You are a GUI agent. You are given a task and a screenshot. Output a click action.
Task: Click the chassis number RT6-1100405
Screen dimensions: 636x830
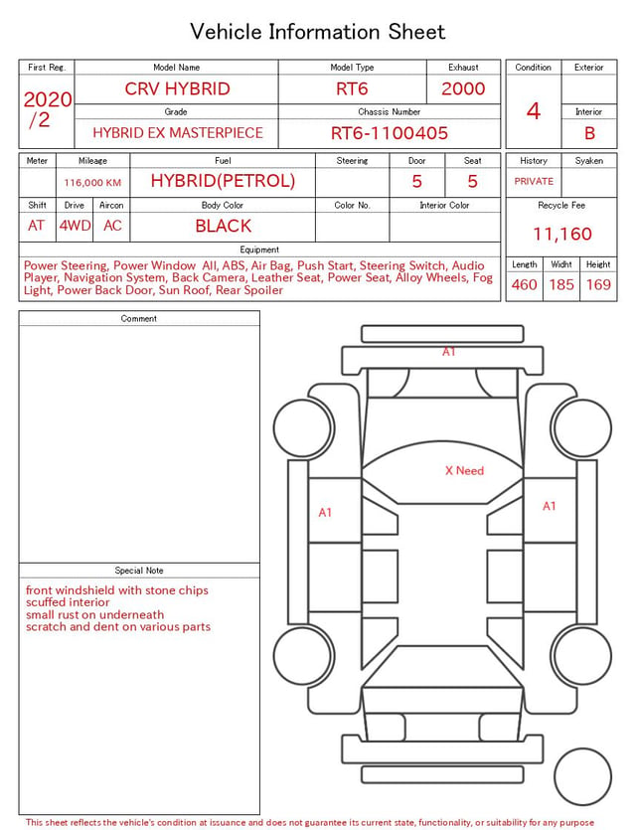click(x=390, y=133)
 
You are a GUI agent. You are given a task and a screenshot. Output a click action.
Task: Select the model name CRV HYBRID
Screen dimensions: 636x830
click(x=177, y=88)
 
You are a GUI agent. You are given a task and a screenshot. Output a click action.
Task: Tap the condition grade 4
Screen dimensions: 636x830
click(x=534, y=111)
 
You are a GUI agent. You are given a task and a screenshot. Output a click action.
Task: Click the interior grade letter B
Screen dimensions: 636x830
click(x=589, y=133)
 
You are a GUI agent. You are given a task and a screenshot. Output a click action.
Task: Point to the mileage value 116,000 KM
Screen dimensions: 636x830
click(x=92, y=183)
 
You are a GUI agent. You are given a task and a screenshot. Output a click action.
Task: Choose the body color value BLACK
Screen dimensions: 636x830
click(x=224, y=226)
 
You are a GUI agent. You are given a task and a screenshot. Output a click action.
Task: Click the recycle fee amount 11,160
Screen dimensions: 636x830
click(x=561, y=234)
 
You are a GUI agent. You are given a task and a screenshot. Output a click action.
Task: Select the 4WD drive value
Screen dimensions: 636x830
click(x=75, y=226)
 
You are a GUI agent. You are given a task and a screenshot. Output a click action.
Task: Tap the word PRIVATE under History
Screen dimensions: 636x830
click(x=534, y=181)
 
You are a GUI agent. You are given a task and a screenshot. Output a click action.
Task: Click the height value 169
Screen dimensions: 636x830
click(x=598, y=284)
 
